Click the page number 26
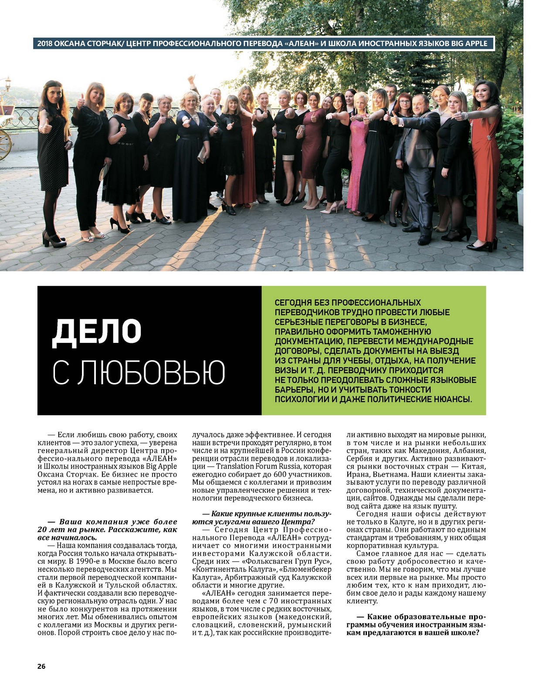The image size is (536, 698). [x=41, y=666]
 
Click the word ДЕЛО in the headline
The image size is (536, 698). [x=97, y=332]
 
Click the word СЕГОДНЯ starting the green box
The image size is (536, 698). [x=293, y=303]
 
